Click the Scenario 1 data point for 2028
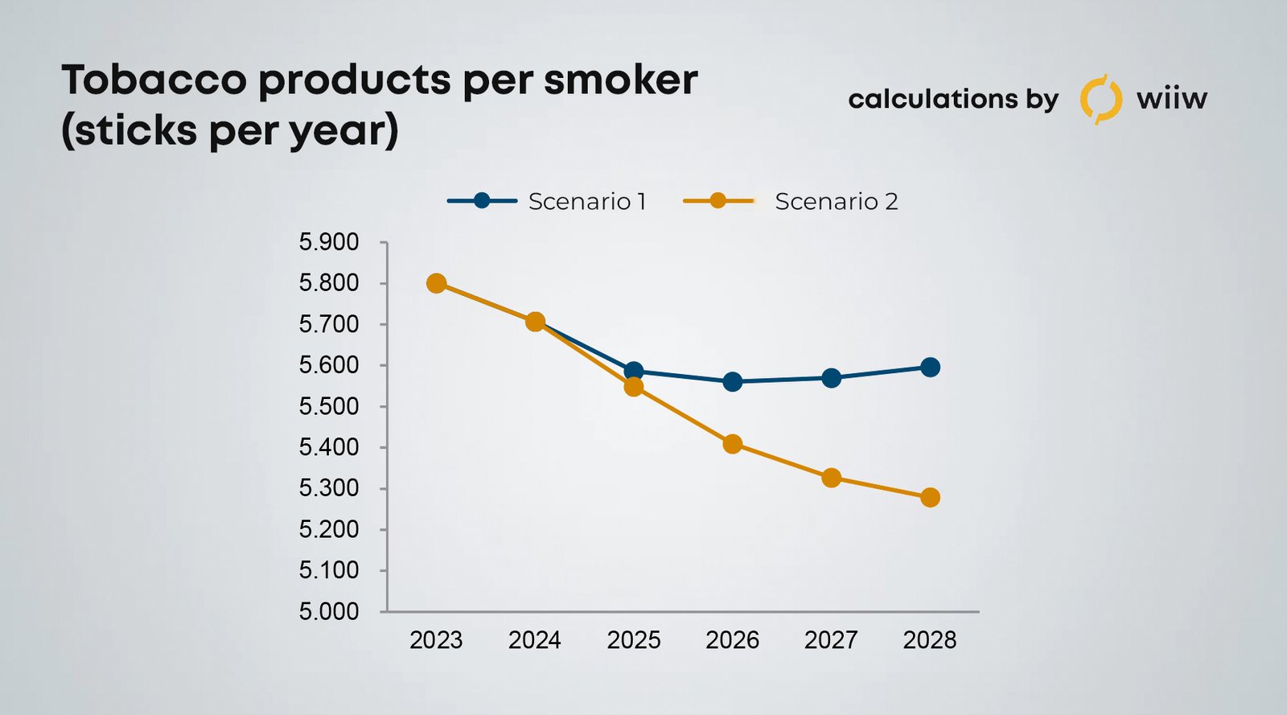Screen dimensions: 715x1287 click(930, 368)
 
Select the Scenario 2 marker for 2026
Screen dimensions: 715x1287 click(732, 444)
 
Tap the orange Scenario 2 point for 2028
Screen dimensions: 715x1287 click(930, 498)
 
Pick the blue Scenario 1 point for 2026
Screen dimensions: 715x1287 click(732, 381)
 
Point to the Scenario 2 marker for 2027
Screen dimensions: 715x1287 click(831, 478)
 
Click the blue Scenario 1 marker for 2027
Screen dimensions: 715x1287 click(831, 378)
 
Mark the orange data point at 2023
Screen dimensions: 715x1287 click(437, 283)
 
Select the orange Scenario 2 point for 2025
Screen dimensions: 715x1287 click(634, 387)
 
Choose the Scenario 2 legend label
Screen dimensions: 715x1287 click(836, 201)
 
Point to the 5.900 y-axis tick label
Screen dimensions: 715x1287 click(329, 242)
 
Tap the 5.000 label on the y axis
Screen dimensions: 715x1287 click(329, 611)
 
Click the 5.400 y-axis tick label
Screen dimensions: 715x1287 click(329, 447)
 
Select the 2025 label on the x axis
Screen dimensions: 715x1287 click(634, 640)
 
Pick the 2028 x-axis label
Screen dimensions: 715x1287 click(930, 640)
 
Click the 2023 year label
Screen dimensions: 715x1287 click(437, 640)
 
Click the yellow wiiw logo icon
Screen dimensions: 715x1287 click(1100, 99)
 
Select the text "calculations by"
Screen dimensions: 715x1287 click(953, 99)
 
